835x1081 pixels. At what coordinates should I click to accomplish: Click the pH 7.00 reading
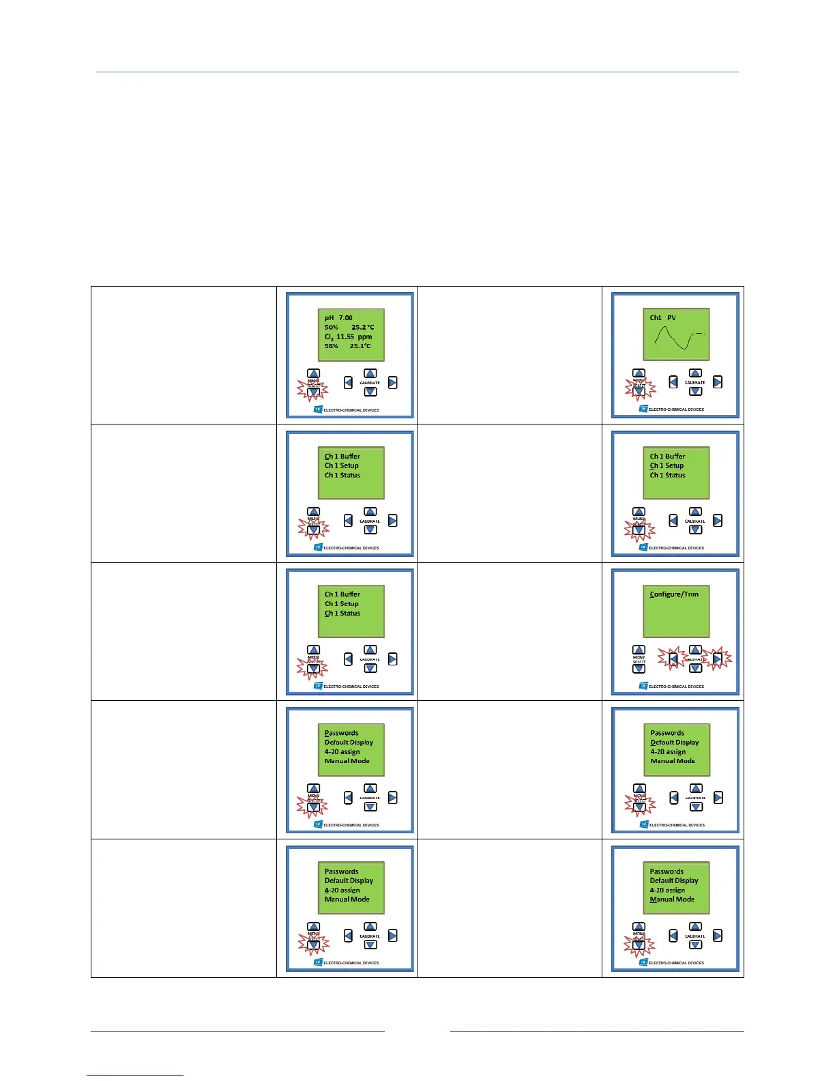(x=338, y=318)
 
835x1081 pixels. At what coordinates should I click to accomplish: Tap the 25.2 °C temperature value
(x=362, y=328)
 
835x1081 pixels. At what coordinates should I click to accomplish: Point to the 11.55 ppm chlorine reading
(x=353, y=337)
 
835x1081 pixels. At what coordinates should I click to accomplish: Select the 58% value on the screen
(x=332, y=346)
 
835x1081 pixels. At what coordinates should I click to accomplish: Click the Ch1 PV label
(x=662, y=318)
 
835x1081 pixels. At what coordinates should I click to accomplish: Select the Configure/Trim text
(x=674, y=594)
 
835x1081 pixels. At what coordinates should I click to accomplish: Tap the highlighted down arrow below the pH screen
(x=313, y=393)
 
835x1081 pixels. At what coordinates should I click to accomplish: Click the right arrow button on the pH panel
(x=392, y=383)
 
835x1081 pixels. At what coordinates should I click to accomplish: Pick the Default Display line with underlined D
(x=674, y=743)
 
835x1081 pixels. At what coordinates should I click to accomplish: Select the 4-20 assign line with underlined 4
(x=342, y=890)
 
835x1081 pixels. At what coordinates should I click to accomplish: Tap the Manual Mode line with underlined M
(x=672, y=899)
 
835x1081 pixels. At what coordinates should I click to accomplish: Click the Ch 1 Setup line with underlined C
(x=666, y=466)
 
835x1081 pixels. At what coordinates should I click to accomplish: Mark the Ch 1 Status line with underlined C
(x=342, y=614)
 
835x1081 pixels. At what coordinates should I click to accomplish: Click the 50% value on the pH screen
(x=332, y=328)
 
